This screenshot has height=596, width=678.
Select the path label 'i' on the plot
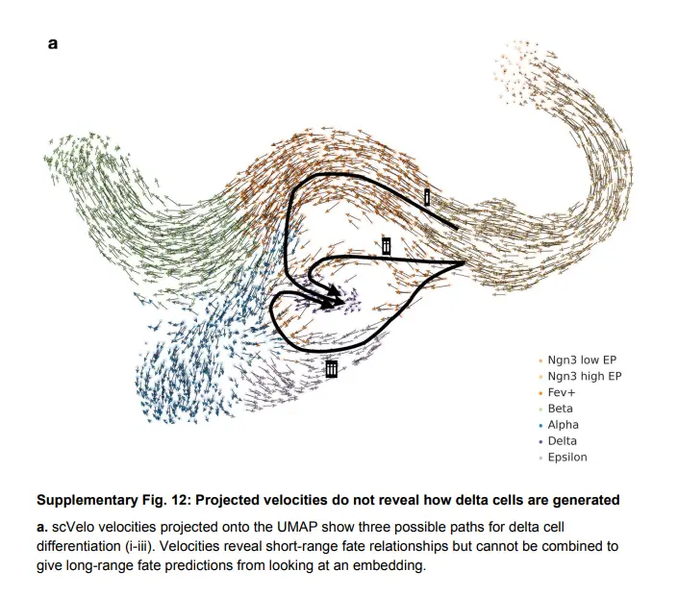427,197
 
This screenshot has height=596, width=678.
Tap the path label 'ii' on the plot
386,246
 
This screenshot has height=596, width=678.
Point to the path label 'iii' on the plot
331,368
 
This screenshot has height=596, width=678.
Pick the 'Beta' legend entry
560,409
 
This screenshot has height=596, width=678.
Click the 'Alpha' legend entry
563,425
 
